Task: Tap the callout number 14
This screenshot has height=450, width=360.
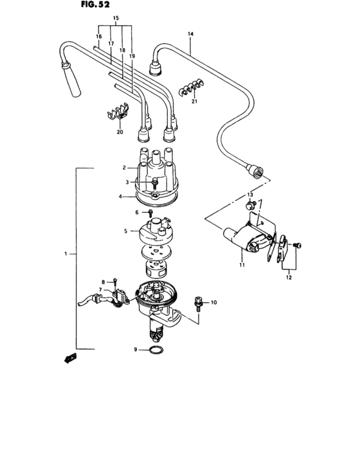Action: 190,33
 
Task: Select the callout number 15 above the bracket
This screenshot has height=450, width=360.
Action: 116,17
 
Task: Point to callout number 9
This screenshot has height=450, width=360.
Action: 136,349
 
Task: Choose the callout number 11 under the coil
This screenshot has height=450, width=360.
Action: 242,264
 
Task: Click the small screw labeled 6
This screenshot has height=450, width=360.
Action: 150,212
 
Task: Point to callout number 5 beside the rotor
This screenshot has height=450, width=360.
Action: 126,230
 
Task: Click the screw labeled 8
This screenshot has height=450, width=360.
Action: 114,280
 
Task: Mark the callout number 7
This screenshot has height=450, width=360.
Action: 100,289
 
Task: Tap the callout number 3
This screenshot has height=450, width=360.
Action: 127,182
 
